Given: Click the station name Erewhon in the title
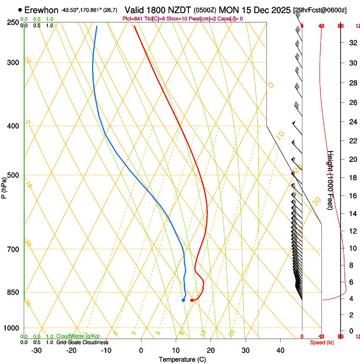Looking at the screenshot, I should click(x=41, y=10).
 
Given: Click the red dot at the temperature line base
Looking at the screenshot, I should click(x=192, y=300).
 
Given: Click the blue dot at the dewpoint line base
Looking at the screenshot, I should click(x=183, y=300).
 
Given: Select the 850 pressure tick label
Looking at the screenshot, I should click(x=13, y=292).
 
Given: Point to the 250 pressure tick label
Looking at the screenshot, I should click(x=13, y=22).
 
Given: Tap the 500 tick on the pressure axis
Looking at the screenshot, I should click(x=13, y=175).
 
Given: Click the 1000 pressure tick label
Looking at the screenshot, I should click(x=11, y=328).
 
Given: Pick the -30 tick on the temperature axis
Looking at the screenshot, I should click(x=36, y=350).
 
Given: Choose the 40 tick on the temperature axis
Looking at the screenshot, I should click(x=280, y=350).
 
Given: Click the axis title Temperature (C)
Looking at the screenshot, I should click(x=182, y=359).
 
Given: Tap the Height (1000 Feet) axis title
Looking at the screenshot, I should click(x=331, y=180).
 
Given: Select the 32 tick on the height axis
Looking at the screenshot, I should click(x=352, y=43).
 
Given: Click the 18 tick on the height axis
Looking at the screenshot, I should click(x=352, y=178).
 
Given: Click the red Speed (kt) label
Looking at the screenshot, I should click(x=321, y=342).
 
